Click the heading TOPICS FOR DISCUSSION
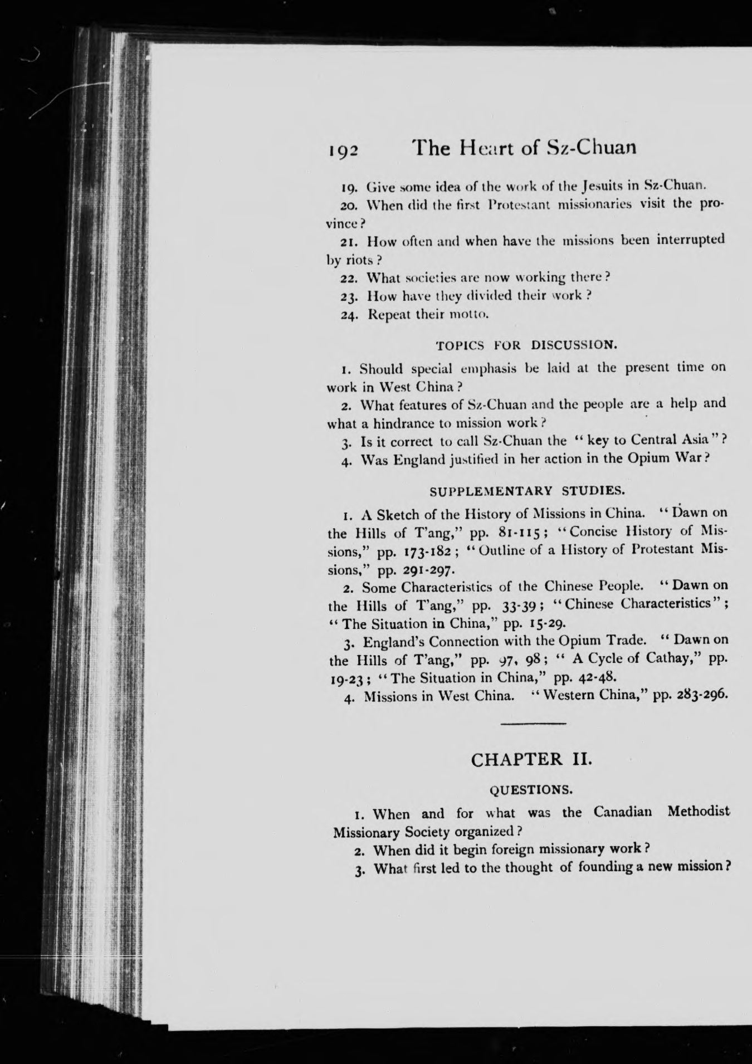pos(526,345)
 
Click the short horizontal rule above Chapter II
pos(533,724)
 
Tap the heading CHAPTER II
pos(531,760)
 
